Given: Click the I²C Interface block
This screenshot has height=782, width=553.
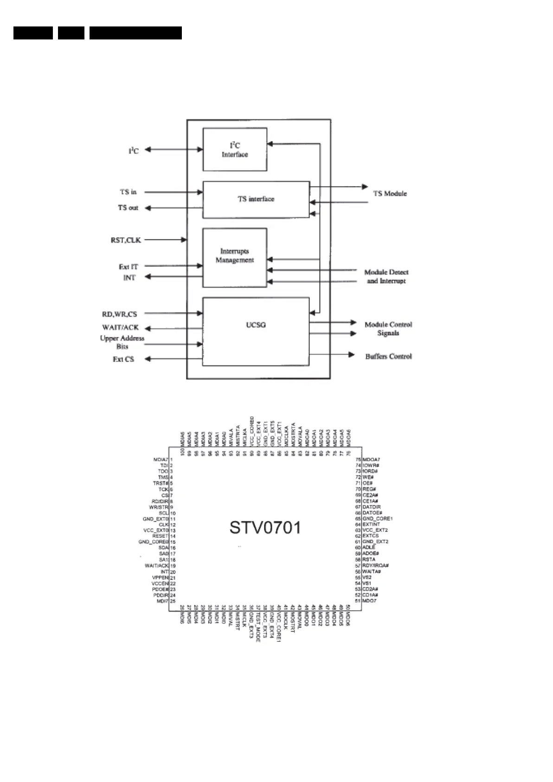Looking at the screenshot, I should (235, 149).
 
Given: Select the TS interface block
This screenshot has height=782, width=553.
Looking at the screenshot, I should (256, 199).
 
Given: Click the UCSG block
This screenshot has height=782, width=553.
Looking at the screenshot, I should (256, 325).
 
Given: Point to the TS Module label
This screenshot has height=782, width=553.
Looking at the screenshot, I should (390, 194).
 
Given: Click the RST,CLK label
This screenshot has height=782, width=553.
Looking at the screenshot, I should (125, 240).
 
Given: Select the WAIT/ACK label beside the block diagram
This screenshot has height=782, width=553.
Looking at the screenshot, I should (120, 327).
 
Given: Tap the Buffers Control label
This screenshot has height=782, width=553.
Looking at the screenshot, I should (388, 356).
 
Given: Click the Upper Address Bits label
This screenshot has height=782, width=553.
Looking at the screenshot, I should (122, 342).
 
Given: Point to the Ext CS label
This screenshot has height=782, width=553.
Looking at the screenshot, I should (123, 359).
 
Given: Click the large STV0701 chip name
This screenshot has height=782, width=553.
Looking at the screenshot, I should (265, 528).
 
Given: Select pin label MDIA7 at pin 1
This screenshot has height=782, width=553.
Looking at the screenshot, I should (161, 459).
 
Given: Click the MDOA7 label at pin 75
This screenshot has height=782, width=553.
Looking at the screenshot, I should (371, 459).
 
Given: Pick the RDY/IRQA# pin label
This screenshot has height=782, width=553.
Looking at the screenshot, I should (375, 566).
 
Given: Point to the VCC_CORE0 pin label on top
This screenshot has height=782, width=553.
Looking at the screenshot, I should (252, 431).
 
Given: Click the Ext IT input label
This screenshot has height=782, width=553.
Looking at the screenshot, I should (128, 267).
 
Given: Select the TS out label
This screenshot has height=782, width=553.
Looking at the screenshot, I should (128, 208).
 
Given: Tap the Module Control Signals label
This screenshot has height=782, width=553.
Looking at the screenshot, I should (388, 329).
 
